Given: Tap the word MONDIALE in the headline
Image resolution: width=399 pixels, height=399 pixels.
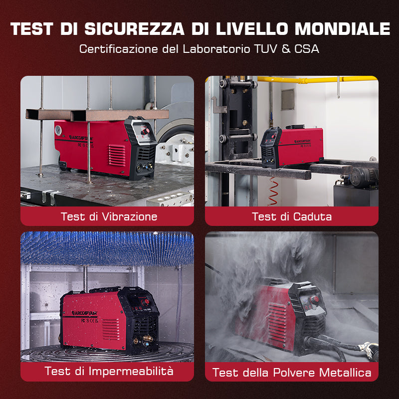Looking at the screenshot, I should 342,28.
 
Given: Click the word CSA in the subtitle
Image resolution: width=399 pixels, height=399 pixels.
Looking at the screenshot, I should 308,49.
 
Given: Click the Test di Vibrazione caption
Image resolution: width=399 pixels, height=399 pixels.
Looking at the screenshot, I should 109,216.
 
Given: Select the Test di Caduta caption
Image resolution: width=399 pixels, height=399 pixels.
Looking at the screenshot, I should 292,216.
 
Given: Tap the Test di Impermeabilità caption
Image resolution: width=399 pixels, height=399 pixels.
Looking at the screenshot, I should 109,371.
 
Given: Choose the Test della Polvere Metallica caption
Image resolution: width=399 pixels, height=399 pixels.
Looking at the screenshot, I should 292,373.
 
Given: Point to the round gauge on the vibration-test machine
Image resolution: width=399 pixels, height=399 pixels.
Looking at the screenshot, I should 58,129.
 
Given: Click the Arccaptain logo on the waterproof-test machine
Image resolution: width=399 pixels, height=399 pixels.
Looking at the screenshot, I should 84,313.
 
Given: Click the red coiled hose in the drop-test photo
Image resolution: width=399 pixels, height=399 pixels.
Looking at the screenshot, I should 273,192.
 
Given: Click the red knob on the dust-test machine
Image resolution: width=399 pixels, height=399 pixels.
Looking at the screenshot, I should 315,299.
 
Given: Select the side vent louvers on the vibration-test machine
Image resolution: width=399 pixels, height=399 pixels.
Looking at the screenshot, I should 118,156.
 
